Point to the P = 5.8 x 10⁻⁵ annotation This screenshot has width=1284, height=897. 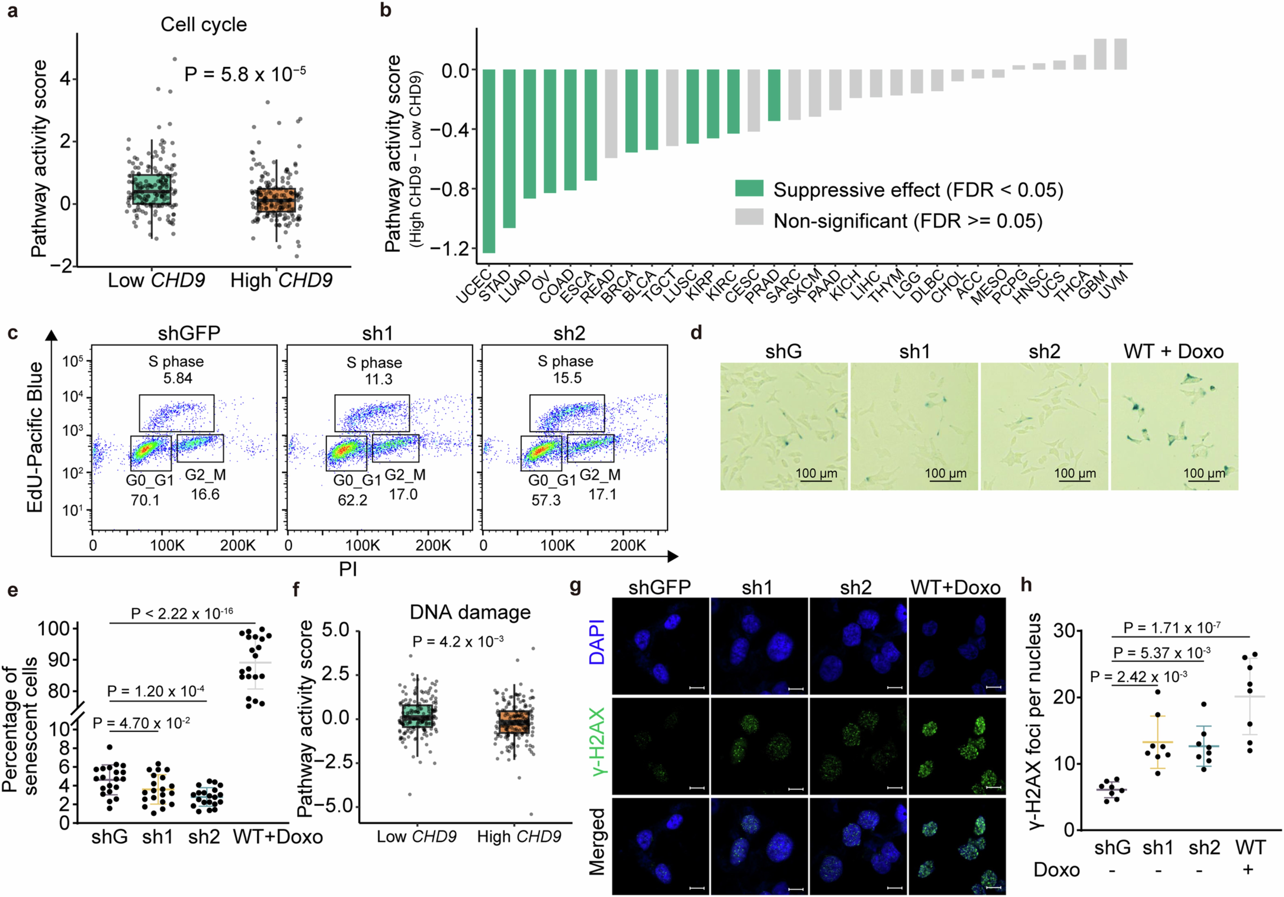[x=245, y=73]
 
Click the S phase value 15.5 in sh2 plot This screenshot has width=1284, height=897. [x=567, y=378]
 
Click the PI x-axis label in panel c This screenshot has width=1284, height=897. [x=348, y=569]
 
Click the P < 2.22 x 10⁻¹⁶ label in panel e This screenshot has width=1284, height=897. [x=182, y=614]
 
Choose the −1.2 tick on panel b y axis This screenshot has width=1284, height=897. [x=451, y=248]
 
